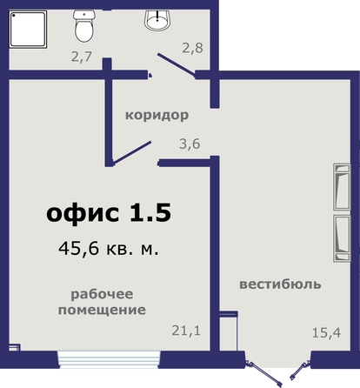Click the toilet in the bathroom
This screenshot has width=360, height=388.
(84, 25)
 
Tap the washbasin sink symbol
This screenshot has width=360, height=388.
(157, 20)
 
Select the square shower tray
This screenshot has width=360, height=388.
(28, 30)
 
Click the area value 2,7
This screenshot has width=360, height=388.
(82, 57)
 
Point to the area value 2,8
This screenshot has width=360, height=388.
(192, 48)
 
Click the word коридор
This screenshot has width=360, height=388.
(157, 115)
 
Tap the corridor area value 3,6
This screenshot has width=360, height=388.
(190, 144)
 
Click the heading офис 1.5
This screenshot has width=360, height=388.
(109, 212)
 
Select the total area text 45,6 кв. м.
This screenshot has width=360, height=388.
(109, 249)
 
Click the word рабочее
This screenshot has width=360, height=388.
(102, 294)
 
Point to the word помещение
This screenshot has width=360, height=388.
(102, 310)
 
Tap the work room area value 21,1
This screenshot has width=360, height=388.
(186, 331)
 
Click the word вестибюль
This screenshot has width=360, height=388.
(280, 284)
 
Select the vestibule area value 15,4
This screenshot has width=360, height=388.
(326, 332)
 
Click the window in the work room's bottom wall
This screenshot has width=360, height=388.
(109, 359)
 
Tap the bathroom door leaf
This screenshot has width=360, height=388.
(177, 66)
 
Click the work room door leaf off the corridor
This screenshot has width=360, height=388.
(132, 152)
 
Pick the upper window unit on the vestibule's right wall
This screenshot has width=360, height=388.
(342, 187)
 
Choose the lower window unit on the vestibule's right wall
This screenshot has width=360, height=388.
(342, 238)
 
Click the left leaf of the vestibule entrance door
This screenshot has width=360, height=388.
(263, 373)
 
